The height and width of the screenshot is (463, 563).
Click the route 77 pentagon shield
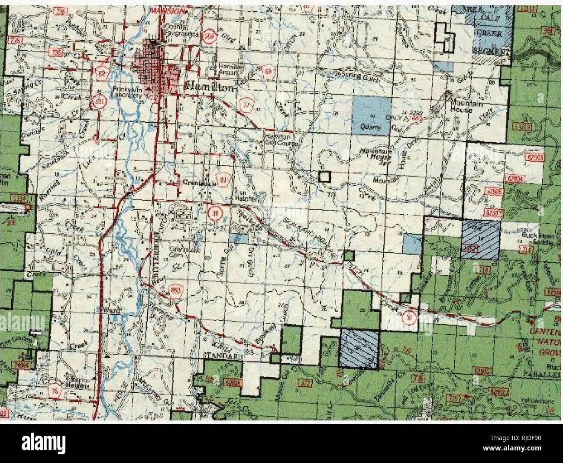click(x=245, y=105)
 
